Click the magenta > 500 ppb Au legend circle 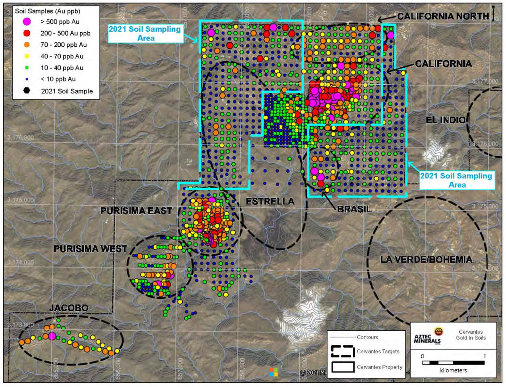click(x=27, y=22)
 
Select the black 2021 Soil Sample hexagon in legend click(x=27, y=91)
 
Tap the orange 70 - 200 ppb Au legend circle click(x=27, y=45)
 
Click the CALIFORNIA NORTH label click(x=443, y=16)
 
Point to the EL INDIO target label click(x=445, y=120)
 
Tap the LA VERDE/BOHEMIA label click(x=426, y=260)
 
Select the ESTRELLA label click(x=270, y=201)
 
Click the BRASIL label click(x=354, y=209)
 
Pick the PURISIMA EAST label click(x=136, y=211)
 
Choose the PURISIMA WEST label click(x=90, y=249)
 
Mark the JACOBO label click(x=69, y=308)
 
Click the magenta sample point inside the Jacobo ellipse click(x=52, y=336)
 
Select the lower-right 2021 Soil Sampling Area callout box click(x=457, y=180)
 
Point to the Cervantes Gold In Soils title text click(x=471, y=335)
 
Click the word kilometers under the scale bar click(x=453, y=370)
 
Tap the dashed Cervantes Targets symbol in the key click(x=343, y=351)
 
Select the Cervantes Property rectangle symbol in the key click(x=343, y=367)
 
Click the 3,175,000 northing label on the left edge click(x=21, y=200)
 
